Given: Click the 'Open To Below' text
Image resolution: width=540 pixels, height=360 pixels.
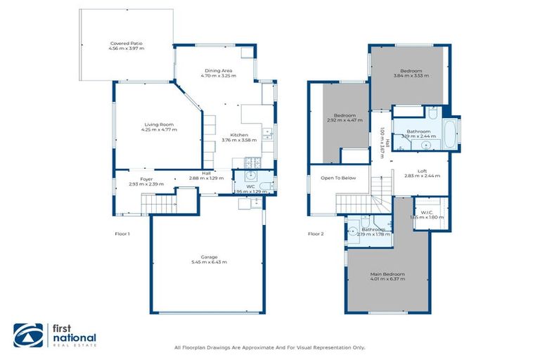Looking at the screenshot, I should click(x=338, y=178).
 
